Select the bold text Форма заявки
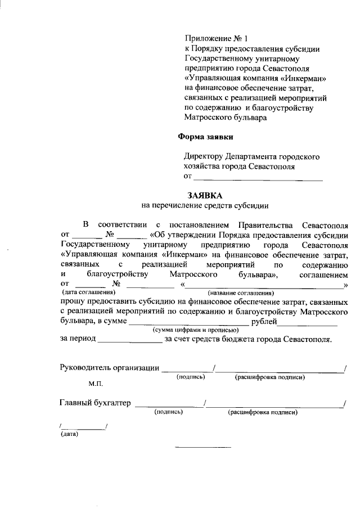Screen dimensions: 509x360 tap(205, 136)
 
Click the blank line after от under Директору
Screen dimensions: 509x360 tap(258, 178)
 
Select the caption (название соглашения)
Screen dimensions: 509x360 tap(241, 293)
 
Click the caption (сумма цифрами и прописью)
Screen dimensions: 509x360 tap(188, 330)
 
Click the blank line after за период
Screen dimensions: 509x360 tap(129, 340)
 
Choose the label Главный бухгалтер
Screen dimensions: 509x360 tap(94, 403)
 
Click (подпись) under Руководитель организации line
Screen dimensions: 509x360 tap(191, 377)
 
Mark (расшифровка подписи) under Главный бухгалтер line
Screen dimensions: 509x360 tap(262, 412)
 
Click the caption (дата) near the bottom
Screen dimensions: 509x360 tap(69, 434)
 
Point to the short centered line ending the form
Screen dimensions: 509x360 tap(203, 447)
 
